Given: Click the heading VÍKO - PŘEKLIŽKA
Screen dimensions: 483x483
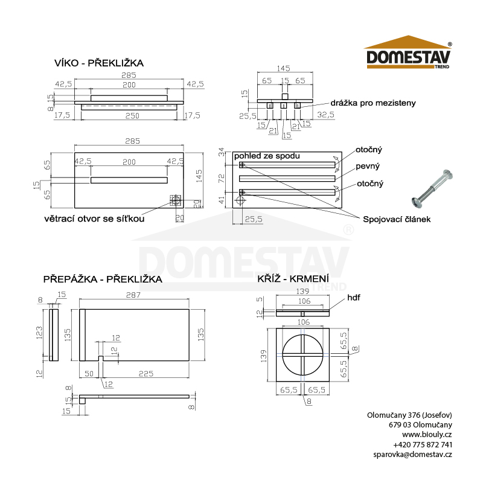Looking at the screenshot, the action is tap(99, 63).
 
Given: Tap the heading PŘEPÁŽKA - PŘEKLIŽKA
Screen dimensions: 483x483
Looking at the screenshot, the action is tap(103, 279).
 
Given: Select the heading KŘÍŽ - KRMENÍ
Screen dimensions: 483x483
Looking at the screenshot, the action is tap(293, 278).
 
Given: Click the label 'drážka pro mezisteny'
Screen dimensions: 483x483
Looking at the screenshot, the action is tap(373, 103).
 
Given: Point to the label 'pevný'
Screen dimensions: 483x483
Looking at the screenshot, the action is tap(368, 167).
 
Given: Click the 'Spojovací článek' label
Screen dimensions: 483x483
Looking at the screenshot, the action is tap(397, 219).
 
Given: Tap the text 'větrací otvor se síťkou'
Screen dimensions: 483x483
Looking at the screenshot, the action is tap(94, 219).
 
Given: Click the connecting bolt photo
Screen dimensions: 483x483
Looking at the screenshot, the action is tap(432, 188).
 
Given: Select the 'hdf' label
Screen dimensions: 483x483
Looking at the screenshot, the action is tap(354, 298).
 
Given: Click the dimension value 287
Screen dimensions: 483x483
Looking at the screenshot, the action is tap(133, 295).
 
